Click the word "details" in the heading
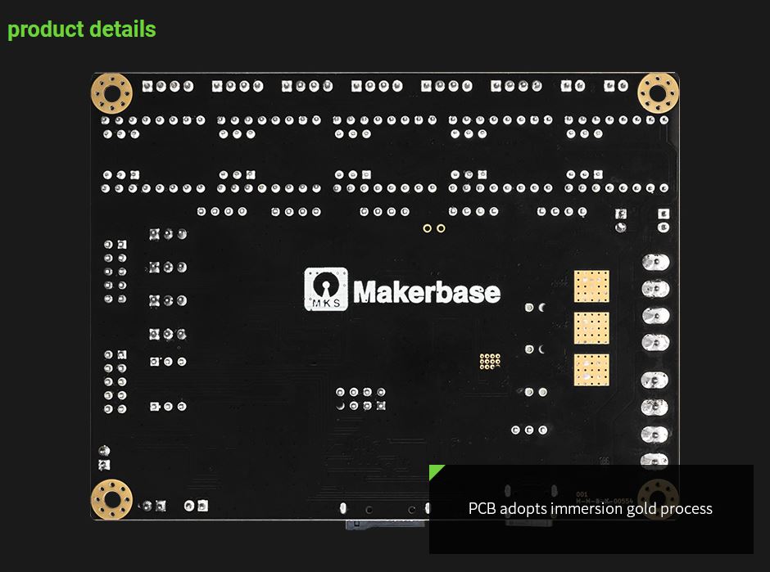[x=123, y=29]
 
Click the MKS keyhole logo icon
[x=326, y=289]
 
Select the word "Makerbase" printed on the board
[x=427, y=291]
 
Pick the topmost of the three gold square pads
[x=591, y=286]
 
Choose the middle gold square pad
[x=591, y=327]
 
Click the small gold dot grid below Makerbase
[x=490, y=361]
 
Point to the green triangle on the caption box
[x=435, y=471]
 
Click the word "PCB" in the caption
[x=482, y=509]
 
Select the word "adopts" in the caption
[x=523, y=509]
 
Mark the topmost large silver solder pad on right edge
[x=654, y=263]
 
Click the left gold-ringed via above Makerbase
[x=427, y=228]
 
